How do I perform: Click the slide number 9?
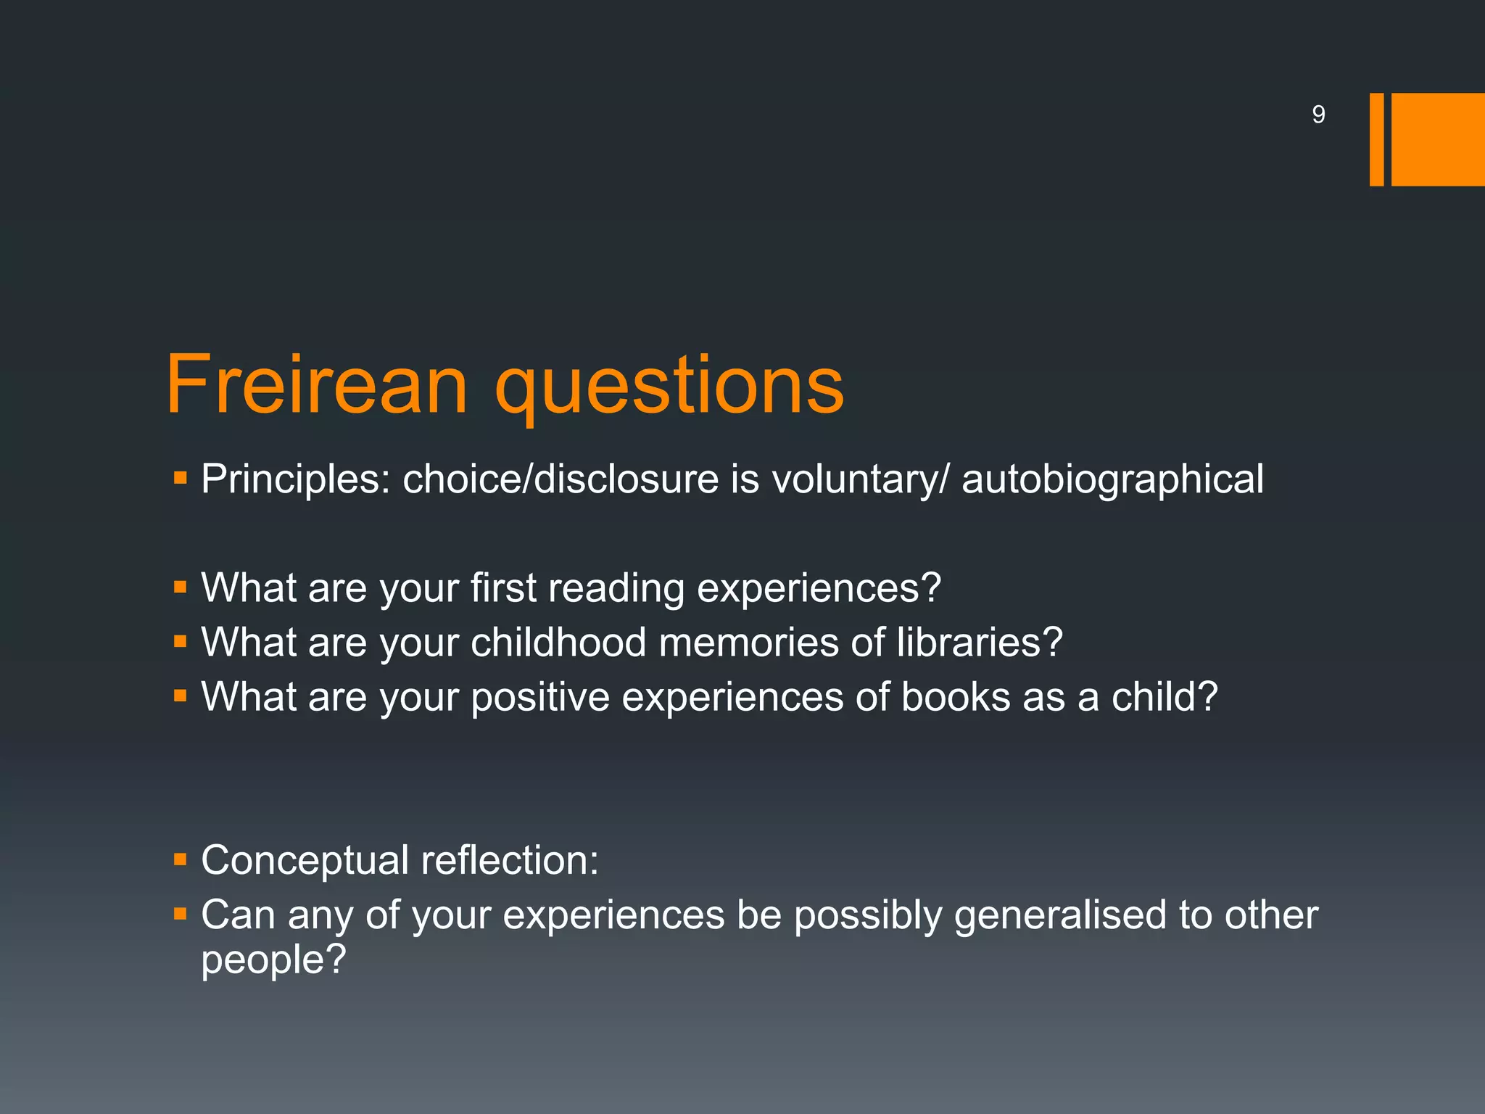pos(1318,115)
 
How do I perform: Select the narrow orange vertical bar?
pos(1376,139)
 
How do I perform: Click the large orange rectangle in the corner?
pos(1437,139)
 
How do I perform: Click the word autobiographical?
pos(1112,479)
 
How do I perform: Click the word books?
pos(956,697)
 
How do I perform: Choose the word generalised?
pos(1060,915)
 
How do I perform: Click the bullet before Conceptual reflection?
pos(181,860)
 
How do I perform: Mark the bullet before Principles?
pos(181,479)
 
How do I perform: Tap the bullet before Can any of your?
pos(181,915)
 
